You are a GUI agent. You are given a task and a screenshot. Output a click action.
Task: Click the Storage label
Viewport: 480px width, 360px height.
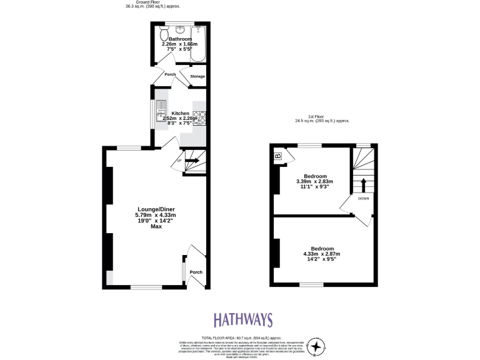(197, 76)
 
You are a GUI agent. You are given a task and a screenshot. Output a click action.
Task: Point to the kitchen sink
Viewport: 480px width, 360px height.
(161, 107)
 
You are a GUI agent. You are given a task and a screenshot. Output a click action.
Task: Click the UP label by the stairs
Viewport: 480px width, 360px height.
(179, 161)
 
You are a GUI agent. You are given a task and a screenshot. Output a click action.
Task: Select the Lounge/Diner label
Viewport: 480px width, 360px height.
(155, 209)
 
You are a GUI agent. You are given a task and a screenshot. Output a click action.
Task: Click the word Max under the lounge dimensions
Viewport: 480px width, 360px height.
(156, 226)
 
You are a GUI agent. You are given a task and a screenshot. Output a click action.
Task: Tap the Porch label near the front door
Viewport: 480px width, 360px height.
(196, 272)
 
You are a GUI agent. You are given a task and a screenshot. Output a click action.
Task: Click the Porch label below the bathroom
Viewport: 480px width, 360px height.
(170, 74)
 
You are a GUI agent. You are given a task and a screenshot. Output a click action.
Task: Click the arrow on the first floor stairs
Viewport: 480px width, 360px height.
(363, 186)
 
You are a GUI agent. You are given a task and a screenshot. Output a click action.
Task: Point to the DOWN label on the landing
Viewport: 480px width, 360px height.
(364, 199)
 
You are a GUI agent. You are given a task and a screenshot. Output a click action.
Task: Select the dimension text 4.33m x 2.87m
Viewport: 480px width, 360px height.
(322, 254)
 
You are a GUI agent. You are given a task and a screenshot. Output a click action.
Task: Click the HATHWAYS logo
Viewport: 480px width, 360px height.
(243, 320)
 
